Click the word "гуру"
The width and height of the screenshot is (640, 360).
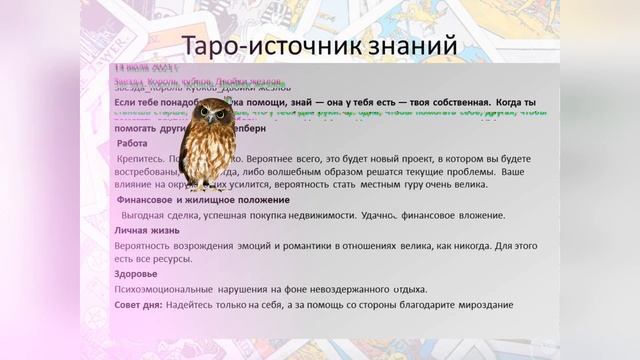439,187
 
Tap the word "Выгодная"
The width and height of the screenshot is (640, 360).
151,216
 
